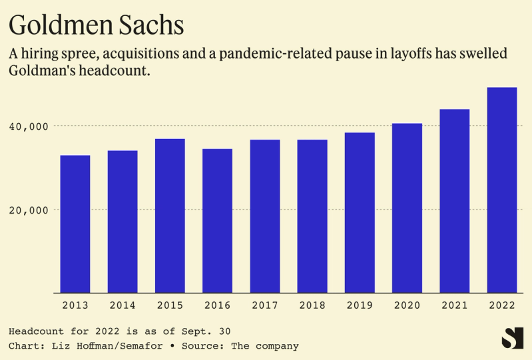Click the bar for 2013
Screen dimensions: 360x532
pyautogui.click(x=75, y=224)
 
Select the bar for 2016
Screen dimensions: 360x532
pyautogui.click(x=217, y=220)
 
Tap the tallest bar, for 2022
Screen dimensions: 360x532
pyautogui.click(x=502, y=190)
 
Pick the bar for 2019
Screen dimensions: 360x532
pyautogui.click(x=360, y=212)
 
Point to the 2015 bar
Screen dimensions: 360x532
pyautogui.click(x=170, y=216)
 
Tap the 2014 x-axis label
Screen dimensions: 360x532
pyautogui.click(x=123, y=305)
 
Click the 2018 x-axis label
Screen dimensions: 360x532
pyautogui.click(x=312, y=305)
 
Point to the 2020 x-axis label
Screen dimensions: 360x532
pyautogui.click(x=407, y=305)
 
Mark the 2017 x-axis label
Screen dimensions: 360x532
pyautogui.click(x=265, y=305)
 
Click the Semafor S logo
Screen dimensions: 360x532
pyautogui.click(x=512, y=337)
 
